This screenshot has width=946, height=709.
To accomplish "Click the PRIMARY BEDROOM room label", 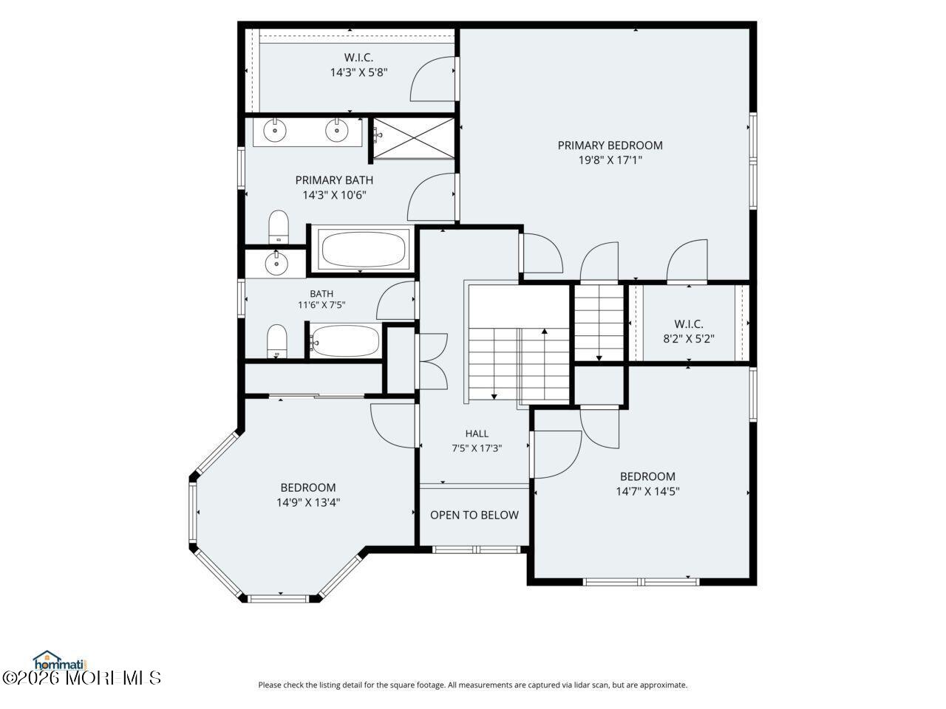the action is [610, 145].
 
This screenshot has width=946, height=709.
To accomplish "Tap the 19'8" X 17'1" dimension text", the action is [610, 160].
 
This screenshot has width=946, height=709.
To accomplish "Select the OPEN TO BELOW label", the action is [474, 515].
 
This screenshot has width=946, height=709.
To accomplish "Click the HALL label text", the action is [477, 434].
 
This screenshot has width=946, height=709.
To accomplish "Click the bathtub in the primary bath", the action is [364, 250].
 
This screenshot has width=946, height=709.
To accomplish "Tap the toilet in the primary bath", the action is [279, 227].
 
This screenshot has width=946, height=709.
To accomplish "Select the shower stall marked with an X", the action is [413, 138].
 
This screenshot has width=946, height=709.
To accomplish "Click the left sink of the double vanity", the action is [274, 130].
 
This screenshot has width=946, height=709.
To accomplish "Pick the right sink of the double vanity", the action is [336, 130].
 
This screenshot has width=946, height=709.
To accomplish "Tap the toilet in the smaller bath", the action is [276, 341].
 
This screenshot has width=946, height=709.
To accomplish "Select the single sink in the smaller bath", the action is [276, 263].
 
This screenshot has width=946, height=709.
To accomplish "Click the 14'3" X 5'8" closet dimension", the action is [359, 72].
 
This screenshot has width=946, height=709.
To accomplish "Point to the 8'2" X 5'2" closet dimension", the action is [689, 339].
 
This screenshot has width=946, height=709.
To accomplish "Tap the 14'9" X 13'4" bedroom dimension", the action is [308, 502].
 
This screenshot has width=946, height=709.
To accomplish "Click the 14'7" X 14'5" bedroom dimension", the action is [647, 491].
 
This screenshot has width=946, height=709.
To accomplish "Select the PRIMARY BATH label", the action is [334, 180].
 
